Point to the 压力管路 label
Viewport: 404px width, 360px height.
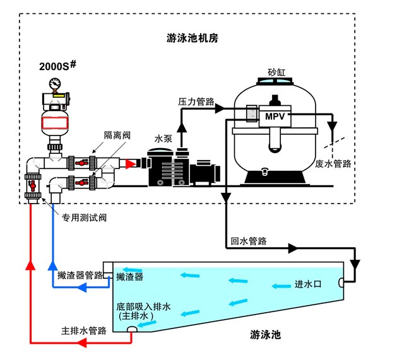pyautogui.click(x=196, y=101)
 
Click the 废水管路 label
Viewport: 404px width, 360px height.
pyautogui.click(x=333, y=163)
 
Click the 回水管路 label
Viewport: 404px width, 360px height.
pyautogui.click(x=248, y=241)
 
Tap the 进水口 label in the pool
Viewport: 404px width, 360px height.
pyautogui.click(x=309, y=284)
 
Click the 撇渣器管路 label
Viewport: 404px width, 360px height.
pyautogui.click(x=80, y=275)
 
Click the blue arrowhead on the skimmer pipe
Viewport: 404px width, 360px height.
pyautogui.click(x=81, y=287)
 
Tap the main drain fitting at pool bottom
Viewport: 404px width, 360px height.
pyautogui.click(x=132, y=330)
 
